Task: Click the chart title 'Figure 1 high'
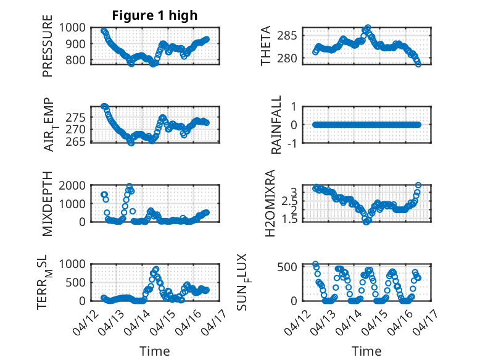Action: point(155,15)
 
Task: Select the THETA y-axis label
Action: point(266,46)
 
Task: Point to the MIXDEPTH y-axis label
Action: point(48,204)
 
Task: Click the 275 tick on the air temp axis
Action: point(78,117)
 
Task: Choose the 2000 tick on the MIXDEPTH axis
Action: point(75,185)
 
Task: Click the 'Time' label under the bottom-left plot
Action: point(155,351)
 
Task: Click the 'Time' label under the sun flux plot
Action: point(366,351)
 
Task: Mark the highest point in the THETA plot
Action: point(368,28)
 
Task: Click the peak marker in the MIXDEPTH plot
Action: point(130,186)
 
